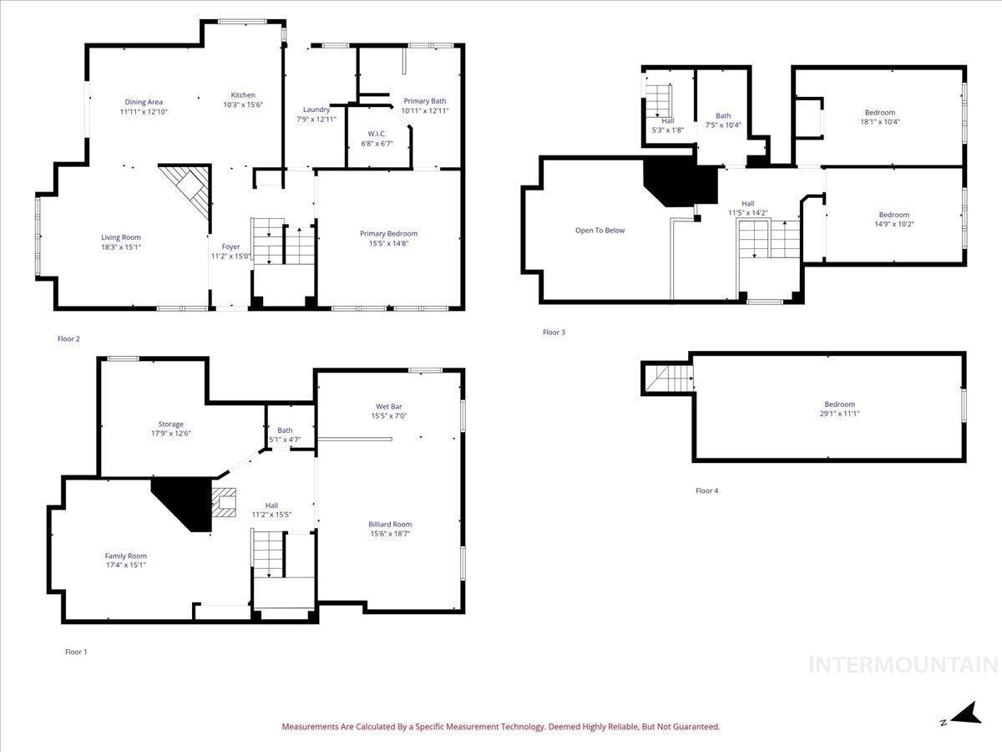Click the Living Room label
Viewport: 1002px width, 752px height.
coord(121,237)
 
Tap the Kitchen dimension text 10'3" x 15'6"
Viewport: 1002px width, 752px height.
coord(243,104)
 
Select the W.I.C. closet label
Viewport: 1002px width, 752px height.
coord(377,134)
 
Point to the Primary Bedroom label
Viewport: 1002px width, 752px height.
coord(388,234)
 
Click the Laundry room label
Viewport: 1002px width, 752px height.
coord(316,109)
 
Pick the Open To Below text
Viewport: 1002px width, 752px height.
coord(600,231)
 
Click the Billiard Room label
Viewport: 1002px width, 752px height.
coord(390,524)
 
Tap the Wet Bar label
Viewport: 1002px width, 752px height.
coord(389,406)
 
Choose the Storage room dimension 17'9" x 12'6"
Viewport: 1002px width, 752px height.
coord(170,434)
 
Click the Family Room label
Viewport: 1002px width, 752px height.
coord(126,556)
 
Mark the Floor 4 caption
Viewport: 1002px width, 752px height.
coord(707,490)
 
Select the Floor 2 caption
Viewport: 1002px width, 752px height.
coord(68,338)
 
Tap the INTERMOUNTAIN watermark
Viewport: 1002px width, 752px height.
coord(903,665)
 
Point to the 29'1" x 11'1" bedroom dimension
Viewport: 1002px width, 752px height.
coord(840,414)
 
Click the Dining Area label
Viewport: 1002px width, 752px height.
coord(144,102)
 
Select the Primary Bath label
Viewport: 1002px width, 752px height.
coord(425,101)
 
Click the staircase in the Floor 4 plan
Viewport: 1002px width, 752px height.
coord(668,378)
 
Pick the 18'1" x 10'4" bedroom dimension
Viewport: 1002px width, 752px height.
coord(880,122)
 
